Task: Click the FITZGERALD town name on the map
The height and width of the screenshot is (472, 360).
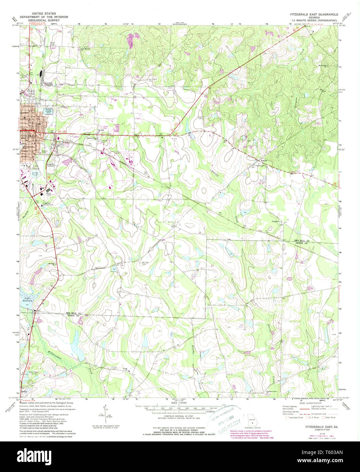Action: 28,136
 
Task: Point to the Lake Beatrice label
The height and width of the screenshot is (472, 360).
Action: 27,299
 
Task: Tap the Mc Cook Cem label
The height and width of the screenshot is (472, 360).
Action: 145,262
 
